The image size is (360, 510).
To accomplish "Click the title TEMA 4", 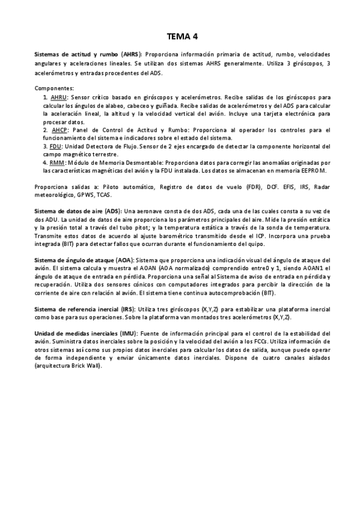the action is tap(180, 36).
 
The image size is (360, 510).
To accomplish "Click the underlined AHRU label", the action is tap(59, 97).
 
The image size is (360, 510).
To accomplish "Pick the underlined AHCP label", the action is tap(59, 129).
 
